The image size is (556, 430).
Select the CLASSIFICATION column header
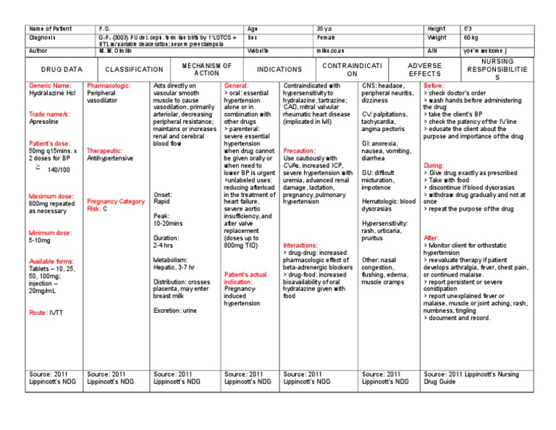coord(135,69)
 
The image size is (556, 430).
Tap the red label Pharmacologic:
coord(109,85)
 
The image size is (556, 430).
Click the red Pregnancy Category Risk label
coord(115,204)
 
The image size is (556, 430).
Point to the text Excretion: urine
coord(175,310)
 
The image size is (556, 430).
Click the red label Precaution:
coord(299,151)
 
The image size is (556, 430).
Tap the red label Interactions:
coord(300,245)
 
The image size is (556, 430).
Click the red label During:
coord(434,165)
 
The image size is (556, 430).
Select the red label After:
coord(431,237)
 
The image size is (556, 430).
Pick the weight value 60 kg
coord(470,37)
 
